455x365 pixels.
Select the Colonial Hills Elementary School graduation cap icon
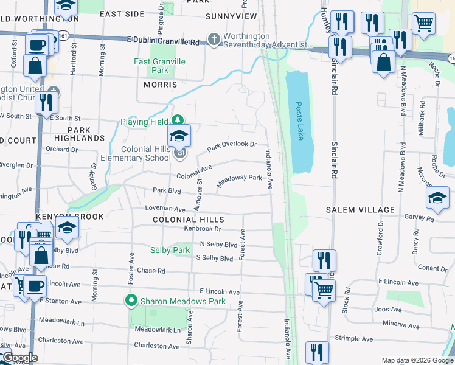[x=179, y=136]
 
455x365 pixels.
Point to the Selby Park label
[x=170, y=250]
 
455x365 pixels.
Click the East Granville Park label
[x=160, y=66]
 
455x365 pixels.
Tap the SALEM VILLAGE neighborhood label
[x=360, y=210]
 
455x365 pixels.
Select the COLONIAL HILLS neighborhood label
[x=189, y=220]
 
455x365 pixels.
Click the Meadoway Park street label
[x=239, y=181]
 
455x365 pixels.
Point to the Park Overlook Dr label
[x=232, y=147]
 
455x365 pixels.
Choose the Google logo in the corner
[x=19, y=358]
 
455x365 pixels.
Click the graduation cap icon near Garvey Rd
[x=437, y=198]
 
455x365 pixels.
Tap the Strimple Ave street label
[x=353, y=338]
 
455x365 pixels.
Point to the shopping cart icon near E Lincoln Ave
[x=324, y=290]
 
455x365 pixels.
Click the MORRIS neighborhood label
[x=160, y=85]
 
